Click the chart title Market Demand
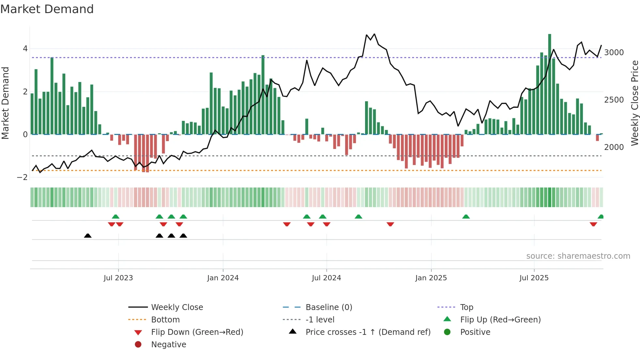[x=47, y=9]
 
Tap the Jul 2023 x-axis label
[x=118, y=278]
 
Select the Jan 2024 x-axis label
[x=223, y=278]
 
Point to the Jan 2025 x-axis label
[x=431, y=278]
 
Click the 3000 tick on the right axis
[x=614, y=52]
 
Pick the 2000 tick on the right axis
[x=614, y=147]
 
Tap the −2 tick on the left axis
[x=22, y=177]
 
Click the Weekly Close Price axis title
[x=634, y=103]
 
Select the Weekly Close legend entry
[x=177, y=307]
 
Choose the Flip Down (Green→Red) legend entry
[x=197, y=332]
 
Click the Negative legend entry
[x=168, y=344]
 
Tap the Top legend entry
[x=466, y=307]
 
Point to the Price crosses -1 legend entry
[x=368, y=332]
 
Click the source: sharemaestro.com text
[x=578, y=256]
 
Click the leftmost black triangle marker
[x=88, y=236]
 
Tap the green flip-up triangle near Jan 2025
[x=466, y=217]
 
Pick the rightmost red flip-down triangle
[x=593, y=224]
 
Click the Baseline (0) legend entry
[x=328, y=307]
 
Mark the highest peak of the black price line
[x=374, y=34]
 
